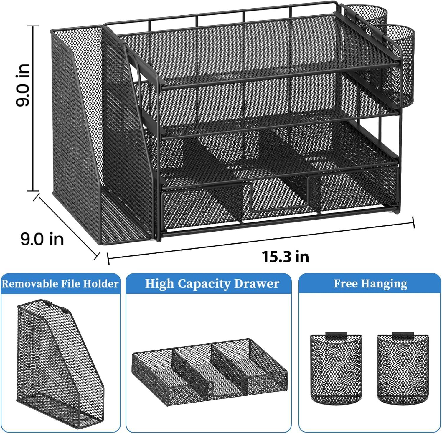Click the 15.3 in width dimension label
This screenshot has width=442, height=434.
click(x=285, y=257)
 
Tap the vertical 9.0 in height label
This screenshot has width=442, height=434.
click(x=23, y=85)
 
